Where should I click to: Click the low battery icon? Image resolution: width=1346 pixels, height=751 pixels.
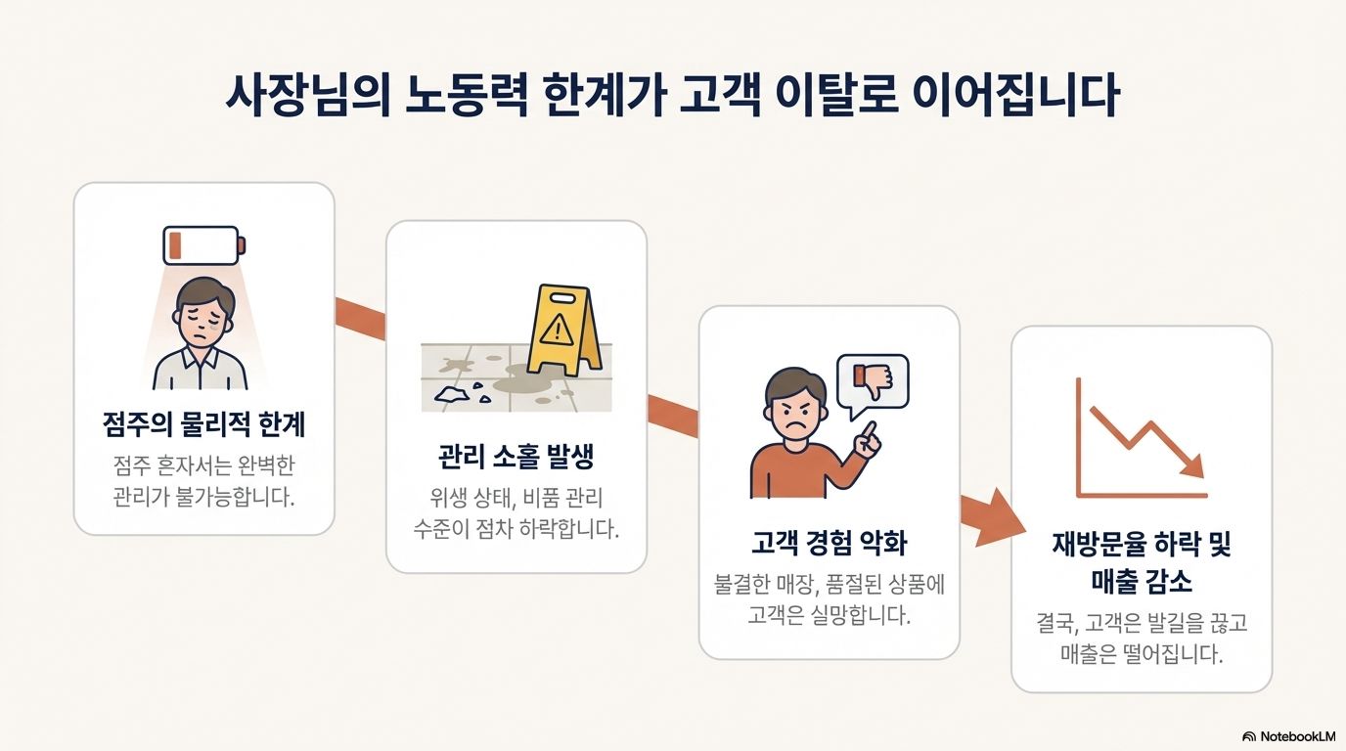pyautogui.click(x=204, y=245)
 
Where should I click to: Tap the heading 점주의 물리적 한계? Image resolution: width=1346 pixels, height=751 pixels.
pyautogui.click(x=203, y=425)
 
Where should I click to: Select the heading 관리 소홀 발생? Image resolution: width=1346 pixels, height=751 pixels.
pyautogui.click(x=516, y=457)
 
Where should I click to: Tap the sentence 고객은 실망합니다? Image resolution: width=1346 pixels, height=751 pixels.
pyautogui.click(x=829, y=616)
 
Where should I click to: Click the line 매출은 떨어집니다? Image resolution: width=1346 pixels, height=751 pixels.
pyautogui.click(x=1141, y=654)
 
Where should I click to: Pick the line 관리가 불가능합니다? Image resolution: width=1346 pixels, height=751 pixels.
pyautogui.click(x=203, y=497)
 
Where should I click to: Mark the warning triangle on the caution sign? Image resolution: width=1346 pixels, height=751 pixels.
pyautogui.click(x=555, y=328)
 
